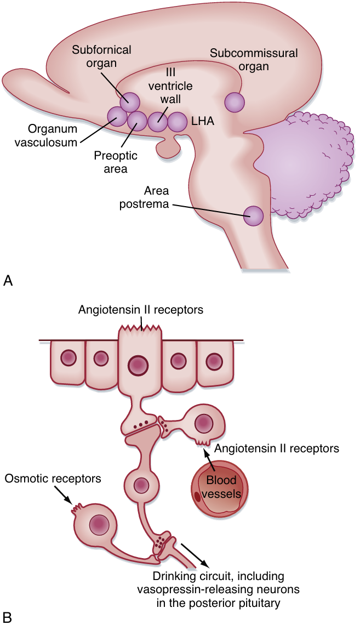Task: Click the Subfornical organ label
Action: pyautogui.click(x=102, y=56)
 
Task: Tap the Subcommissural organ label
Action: pyautogui.click(x=254, y=60)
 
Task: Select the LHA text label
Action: pyautogui.click(x=202, y=122)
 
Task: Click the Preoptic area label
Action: pyautogui.click(x=115, y=162)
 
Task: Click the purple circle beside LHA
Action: pyautogui.click(x=177, y=122)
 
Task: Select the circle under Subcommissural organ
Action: pyautogui.click(x=235, y=102)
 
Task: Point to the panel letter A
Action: pyautogui.click(x=8, y=281)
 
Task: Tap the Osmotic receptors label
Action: pyautogui.click(x=53, y=479)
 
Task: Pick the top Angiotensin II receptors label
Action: pyautogui.click(x=141, y=310)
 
